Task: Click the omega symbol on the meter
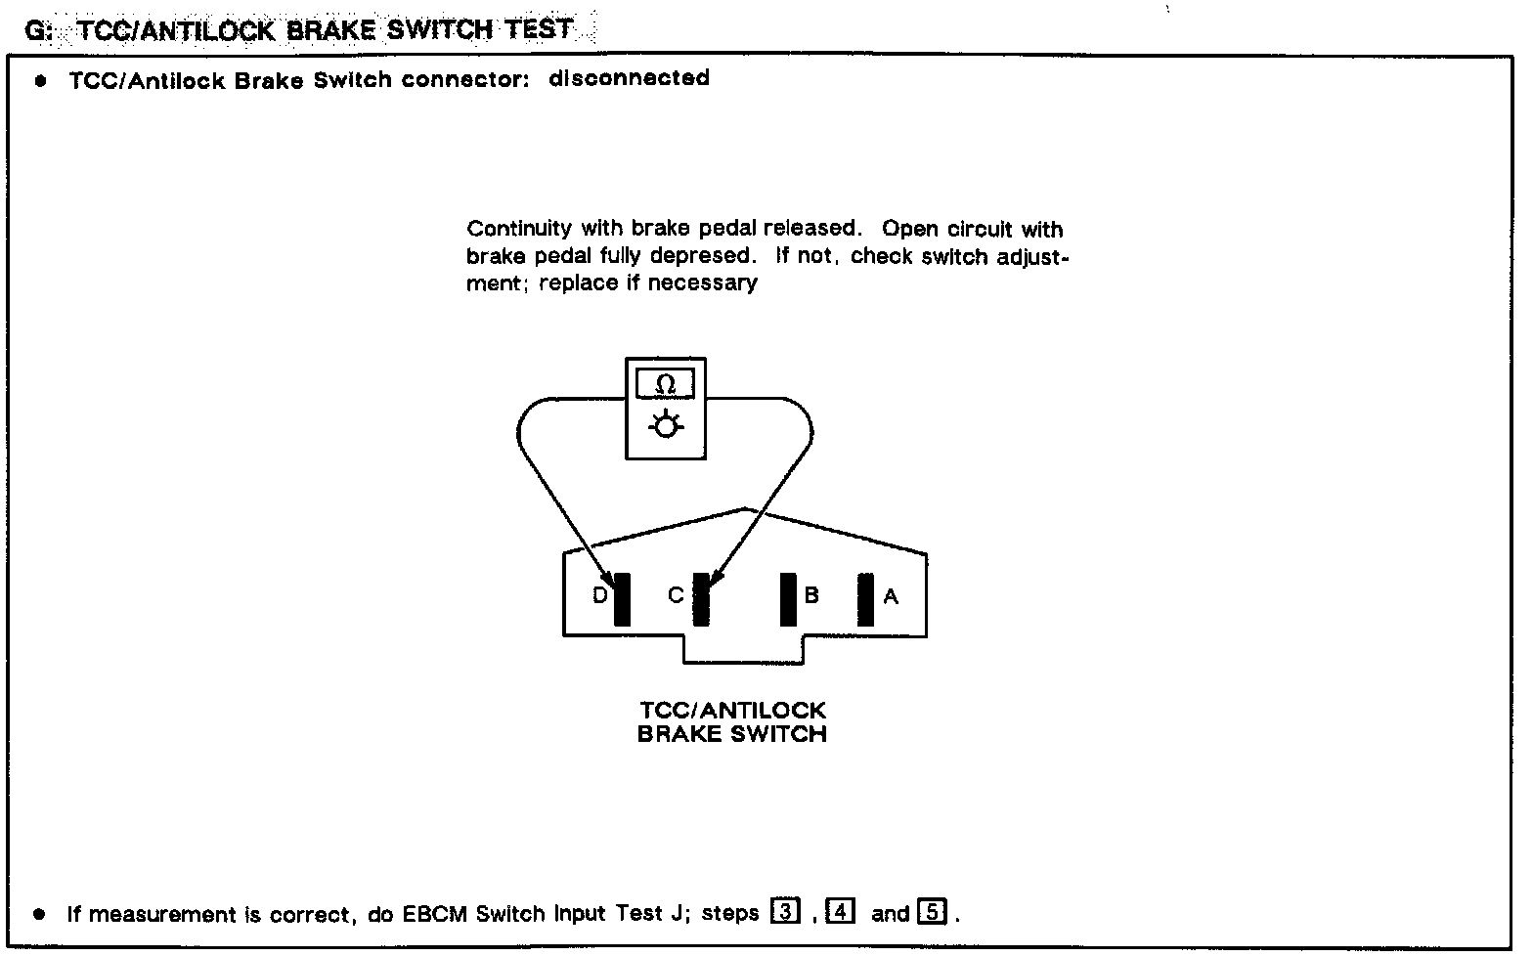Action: [x=665, y=385]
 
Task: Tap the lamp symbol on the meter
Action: [x=665, y=426]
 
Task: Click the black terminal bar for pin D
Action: [x=622, y=598]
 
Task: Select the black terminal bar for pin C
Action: [x=701, y=598]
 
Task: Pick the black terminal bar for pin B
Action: [x=788, y=598]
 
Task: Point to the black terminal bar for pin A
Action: [x=865, y=598]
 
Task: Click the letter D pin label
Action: [x=600, y=594]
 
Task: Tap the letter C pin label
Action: [x=676, y=594]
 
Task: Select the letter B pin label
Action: [x=811, y=594]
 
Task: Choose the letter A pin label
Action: [x=891, y=595]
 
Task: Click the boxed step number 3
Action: [x=784, y=911]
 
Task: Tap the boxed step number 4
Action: [x=841, y=911]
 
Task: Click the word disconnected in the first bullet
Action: [x=629, y=78]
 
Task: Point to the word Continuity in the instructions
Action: [x=519, y=229]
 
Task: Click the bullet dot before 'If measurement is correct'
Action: [x=39, y=914]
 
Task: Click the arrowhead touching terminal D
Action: [x=608, y=579]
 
